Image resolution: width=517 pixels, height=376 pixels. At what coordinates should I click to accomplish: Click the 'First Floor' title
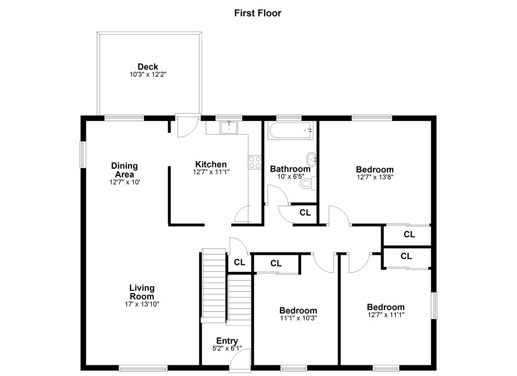(258, 13)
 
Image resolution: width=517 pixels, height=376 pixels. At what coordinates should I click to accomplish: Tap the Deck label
(148, 67)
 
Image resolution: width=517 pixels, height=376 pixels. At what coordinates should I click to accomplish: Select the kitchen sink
(228, 128)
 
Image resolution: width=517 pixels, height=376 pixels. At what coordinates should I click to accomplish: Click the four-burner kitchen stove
(254, 162)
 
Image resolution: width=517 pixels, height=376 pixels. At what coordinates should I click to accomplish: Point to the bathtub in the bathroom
(290, 130)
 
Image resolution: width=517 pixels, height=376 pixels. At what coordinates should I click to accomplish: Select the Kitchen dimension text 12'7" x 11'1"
(211, 172)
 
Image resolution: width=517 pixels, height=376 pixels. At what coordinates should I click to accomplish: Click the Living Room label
(142, 292)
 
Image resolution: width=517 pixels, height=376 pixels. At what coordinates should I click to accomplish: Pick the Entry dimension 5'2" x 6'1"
(227, 348)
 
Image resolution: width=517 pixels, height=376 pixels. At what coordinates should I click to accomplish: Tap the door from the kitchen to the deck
(187, 126)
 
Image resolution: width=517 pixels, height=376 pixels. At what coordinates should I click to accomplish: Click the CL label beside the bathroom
(305, 212)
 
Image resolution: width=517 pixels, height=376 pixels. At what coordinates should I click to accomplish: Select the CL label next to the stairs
(239, 262)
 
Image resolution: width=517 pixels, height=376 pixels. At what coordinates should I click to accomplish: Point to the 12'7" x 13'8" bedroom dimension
(375, 177)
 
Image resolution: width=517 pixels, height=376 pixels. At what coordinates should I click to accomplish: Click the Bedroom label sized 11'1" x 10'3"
(298, 310)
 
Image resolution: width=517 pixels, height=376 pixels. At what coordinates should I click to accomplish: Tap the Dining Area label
(124, 170)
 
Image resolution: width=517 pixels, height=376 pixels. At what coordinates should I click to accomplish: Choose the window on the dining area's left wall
(83, 155)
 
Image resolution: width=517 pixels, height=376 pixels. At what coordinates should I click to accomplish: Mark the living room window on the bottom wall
(143, 368)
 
